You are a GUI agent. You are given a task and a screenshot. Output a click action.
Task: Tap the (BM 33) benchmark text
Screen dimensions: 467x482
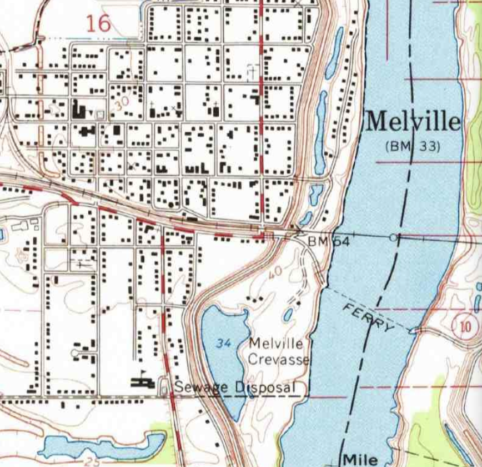point(413,147)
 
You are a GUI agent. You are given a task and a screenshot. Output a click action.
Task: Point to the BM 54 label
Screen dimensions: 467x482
point(325,242)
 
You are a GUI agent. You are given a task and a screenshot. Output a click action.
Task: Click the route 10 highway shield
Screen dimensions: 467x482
point(464,325)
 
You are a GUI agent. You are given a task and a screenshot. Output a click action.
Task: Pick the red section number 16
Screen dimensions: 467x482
point(99,23)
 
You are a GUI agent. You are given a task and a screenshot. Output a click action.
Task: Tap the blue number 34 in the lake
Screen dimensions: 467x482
point(224,344)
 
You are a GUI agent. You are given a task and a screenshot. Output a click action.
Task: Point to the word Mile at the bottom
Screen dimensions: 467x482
point(360,459)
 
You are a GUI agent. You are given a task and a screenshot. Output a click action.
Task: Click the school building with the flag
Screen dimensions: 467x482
point(142,382)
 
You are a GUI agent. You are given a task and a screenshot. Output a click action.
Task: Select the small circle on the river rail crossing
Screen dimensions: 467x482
point(393,238)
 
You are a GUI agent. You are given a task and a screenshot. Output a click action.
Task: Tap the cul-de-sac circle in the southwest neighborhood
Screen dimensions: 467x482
point(74,353)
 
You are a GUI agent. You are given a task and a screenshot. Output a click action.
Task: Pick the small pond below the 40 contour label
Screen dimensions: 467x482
point(288,315)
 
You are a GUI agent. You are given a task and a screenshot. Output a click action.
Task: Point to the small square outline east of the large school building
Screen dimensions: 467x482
point(100,115)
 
